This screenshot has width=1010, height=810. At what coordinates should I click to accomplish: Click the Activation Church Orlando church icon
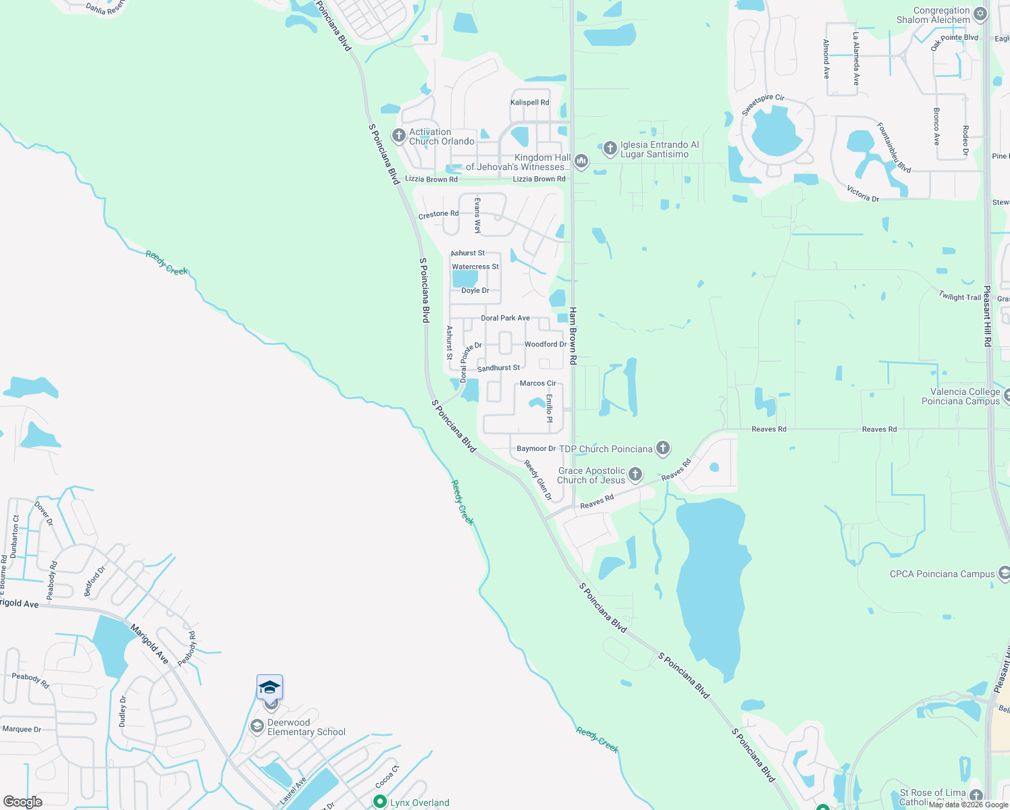(398, 136)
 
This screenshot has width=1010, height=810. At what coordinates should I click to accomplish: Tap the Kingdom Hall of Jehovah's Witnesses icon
(581, 161)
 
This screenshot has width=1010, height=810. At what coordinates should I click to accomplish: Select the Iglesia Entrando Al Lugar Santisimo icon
(610, 148)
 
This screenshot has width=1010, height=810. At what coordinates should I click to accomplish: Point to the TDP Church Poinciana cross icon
(663, 448)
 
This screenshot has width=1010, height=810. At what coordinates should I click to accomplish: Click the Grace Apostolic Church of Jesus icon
(635, 475)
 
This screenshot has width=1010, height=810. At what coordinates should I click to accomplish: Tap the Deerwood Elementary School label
(306, 727)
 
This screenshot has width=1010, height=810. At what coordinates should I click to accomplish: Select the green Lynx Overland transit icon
(379, 802)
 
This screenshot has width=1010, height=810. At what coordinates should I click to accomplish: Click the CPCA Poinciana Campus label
(942, 574)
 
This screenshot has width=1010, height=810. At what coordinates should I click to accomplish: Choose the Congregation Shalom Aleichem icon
(980, 14)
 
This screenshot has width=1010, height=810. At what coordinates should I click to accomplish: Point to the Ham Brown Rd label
(573, 336)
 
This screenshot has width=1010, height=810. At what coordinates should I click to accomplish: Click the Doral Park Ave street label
(505, 318)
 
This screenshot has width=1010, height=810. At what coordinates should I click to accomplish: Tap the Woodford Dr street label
(546, 344)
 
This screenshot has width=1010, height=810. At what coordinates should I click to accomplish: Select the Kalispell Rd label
(529, 103)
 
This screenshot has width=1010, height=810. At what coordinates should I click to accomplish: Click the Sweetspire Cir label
(763, 105)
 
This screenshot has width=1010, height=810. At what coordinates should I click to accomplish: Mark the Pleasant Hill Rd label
(987, 316)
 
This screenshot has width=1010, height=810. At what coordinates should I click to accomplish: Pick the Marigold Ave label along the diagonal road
(149, 644)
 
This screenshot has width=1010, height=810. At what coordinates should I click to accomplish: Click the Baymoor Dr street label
(536, 449)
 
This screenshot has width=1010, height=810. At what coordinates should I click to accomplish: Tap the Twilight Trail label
(959, 296)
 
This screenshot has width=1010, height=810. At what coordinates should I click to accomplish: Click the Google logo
(23, 802)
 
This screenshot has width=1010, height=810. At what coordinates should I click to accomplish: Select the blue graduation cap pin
(269, 688)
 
